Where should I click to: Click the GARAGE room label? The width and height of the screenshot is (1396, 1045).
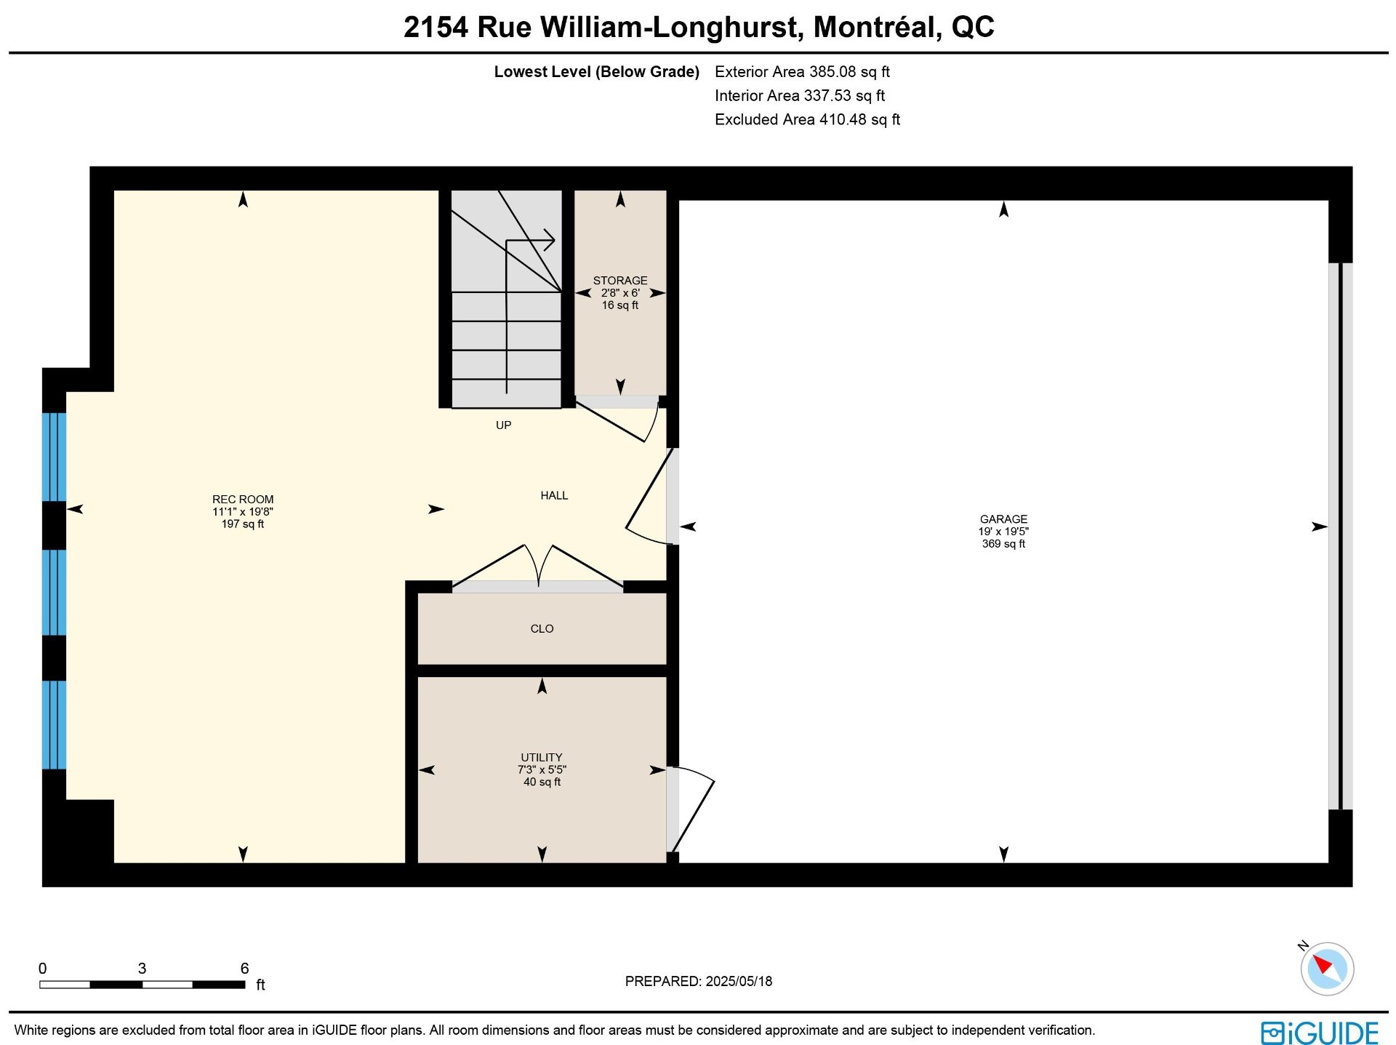tap(1003, 519)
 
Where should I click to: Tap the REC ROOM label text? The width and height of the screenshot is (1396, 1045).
tap(243, 500)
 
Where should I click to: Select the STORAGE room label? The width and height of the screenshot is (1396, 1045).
tap(620, 281)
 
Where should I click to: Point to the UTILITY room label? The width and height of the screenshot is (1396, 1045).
tap(542, 758)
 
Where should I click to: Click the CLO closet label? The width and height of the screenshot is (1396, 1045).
tap(542, 629)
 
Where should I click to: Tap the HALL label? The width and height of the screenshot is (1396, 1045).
tap(554, 496)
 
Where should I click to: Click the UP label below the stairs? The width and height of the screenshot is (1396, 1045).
tap(503, 425)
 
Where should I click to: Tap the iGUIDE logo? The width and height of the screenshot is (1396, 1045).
tap(1320, 1033)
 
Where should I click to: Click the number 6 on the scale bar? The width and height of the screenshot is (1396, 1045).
tap(245, 969)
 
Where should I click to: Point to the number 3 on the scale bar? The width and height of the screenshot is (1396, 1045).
tap(142, 969)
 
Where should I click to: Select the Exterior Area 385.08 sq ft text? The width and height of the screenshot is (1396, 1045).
tap(802, 72)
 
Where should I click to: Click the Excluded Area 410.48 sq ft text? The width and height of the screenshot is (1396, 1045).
tap(807, 120)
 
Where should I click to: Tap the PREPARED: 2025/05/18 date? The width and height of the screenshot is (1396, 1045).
tap(699, 982)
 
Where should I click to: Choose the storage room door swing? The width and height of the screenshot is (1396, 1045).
tap(617, 420)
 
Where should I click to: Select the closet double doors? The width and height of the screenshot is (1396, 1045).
tap(538, 565)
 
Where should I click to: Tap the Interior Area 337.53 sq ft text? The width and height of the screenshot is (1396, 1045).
tap(800, 96)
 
